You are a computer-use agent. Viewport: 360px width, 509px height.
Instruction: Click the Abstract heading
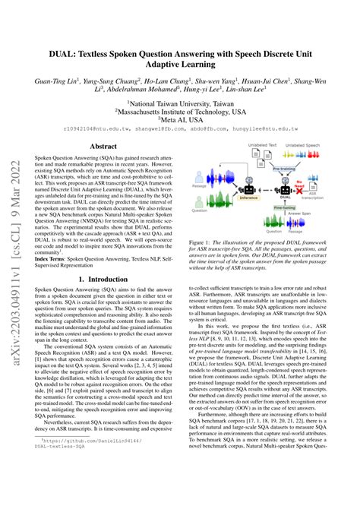click(x=103, y=146)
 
